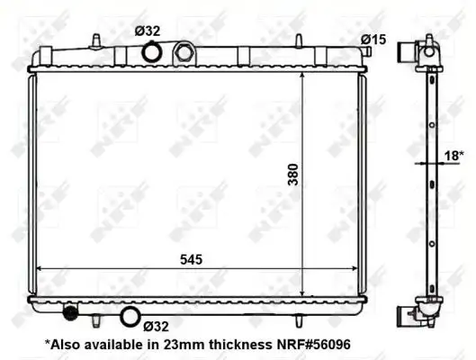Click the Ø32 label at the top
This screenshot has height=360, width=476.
[148, 31]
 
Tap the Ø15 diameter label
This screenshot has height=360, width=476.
[373, 39]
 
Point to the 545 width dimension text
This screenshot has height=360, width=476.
[190, 259]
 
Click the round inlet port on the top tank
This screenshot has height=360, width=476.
[153, 54]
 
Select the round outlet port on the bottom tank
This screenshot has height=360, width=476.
[130, 316]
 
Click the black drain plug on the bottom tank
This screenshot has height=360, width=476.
[69, 313]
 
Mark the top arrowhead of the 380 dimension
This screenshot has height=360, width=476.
[301, 76]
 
